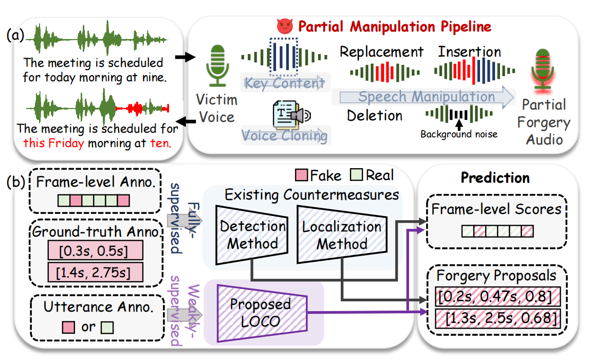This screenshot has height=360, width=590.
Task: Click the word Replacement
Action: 381,52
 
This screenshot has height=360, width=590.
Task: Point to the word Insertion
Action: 469,52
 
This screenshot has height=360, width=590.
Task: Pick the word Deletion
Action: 375,115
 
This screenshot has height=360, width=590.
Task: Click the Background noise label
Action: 458,135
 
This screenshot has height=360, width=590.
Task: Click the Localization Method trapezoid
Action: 341,234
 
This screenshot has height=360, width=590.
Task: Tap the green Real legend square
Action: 357,176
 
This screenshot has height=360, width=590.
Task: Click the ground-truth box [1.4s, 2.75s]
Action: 95,272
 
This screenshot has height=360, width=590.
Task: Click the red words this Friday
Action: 53,143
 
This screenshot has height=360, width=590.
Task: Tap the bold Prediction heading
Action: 495,178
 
